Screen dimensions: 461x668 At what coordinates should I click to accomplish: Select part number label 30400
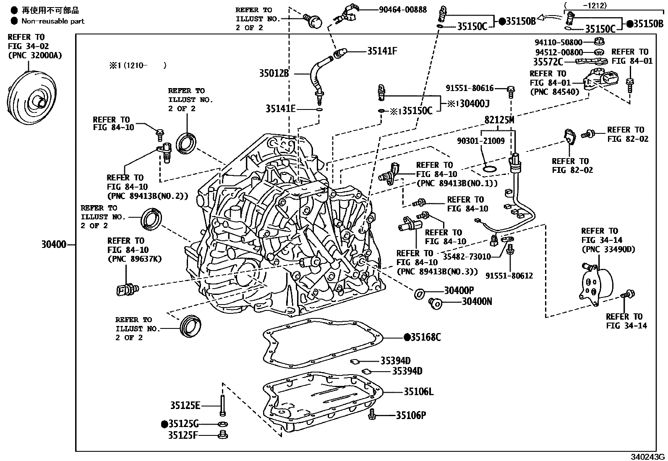[x=54, y=244]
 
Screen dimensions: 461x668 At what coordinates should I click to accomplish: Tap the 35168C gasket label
[x=423, y=337]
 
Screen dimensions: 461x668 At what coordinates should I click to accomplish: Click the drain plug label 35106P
[x=411, y=415]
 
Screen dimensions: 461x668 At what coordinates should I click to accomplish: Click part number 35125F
[x=183, y=435]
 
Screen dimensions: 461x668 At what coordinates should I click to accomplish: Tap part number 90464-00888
[x=403, y=9]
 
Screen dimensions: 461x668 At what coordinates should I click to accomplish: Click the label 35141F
[x=382, y=51]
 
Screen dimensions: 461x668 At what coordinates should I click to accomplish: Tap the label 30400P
[x=459, y=290]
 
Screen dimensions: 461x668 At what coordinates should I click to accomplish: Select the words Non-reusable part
[x=53, y=21]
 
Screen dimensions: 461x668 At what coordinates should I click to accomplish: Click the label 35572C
[x=548, y=62]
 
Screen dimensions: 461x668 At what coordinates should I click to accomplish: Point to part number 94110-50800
[x=558, y=42]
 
